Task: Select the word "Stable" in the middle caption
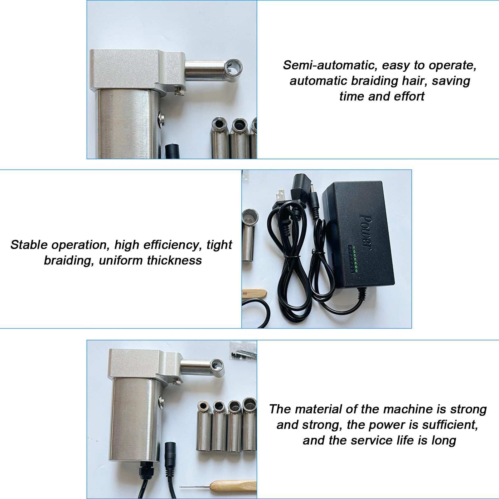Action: [30, 245]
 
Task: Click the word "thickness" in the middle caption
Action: [174, 260]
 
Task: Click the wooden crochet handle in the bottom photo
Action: [232, 485]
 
